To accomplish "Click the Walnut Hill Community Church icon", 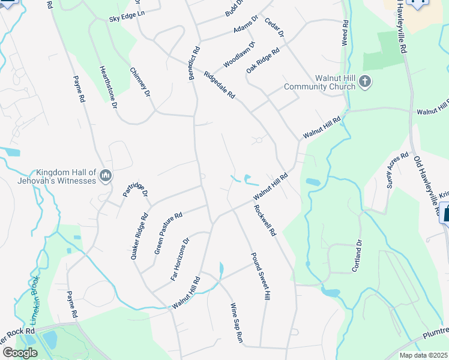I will [x=366, y=81].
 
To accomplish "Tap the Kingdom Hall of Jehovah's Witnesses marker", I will [x=106, y=175].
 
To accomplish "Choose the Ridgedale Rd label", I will [x=219, y=86].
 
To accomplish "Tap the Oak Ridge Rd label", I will [x=263, y=61].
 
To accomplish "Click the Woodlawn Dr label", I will [x=240, y=54].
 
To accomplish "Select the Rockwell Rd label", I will [x=264, y=221].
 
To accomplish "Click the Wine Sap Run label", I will [x=236, y=323].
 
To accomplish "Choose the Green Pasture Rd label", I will [x=168, y=233].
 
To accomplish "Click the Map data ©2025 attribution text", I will [x=423, y=355].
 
